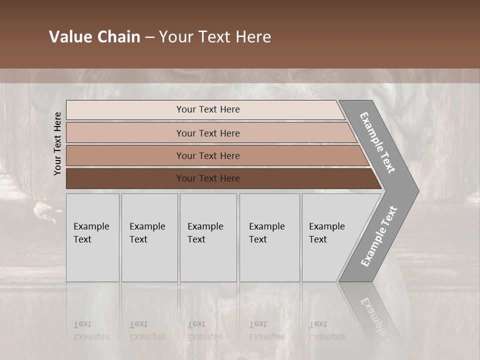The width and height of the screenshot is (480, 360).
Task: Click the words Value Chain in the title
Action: [94, 37]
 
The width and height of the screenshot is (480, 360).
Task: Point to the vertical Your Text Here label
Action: [57, 144]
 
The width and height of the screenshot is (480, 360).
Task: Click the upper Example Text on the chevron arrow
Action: [377, 142]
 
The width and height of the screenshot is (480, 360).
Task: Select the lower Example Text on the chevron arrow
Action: [379, 236]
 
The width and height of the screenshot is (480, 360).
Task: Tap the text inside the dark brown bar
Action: [208, 178]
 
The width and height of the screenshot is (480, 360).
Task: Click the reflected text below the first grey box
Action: [91, 330]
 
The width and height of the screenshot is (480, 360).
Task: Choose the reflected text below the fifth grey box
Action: [327, 330]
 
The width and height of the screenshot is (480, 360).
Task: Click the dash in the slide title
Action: [149, 37]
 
